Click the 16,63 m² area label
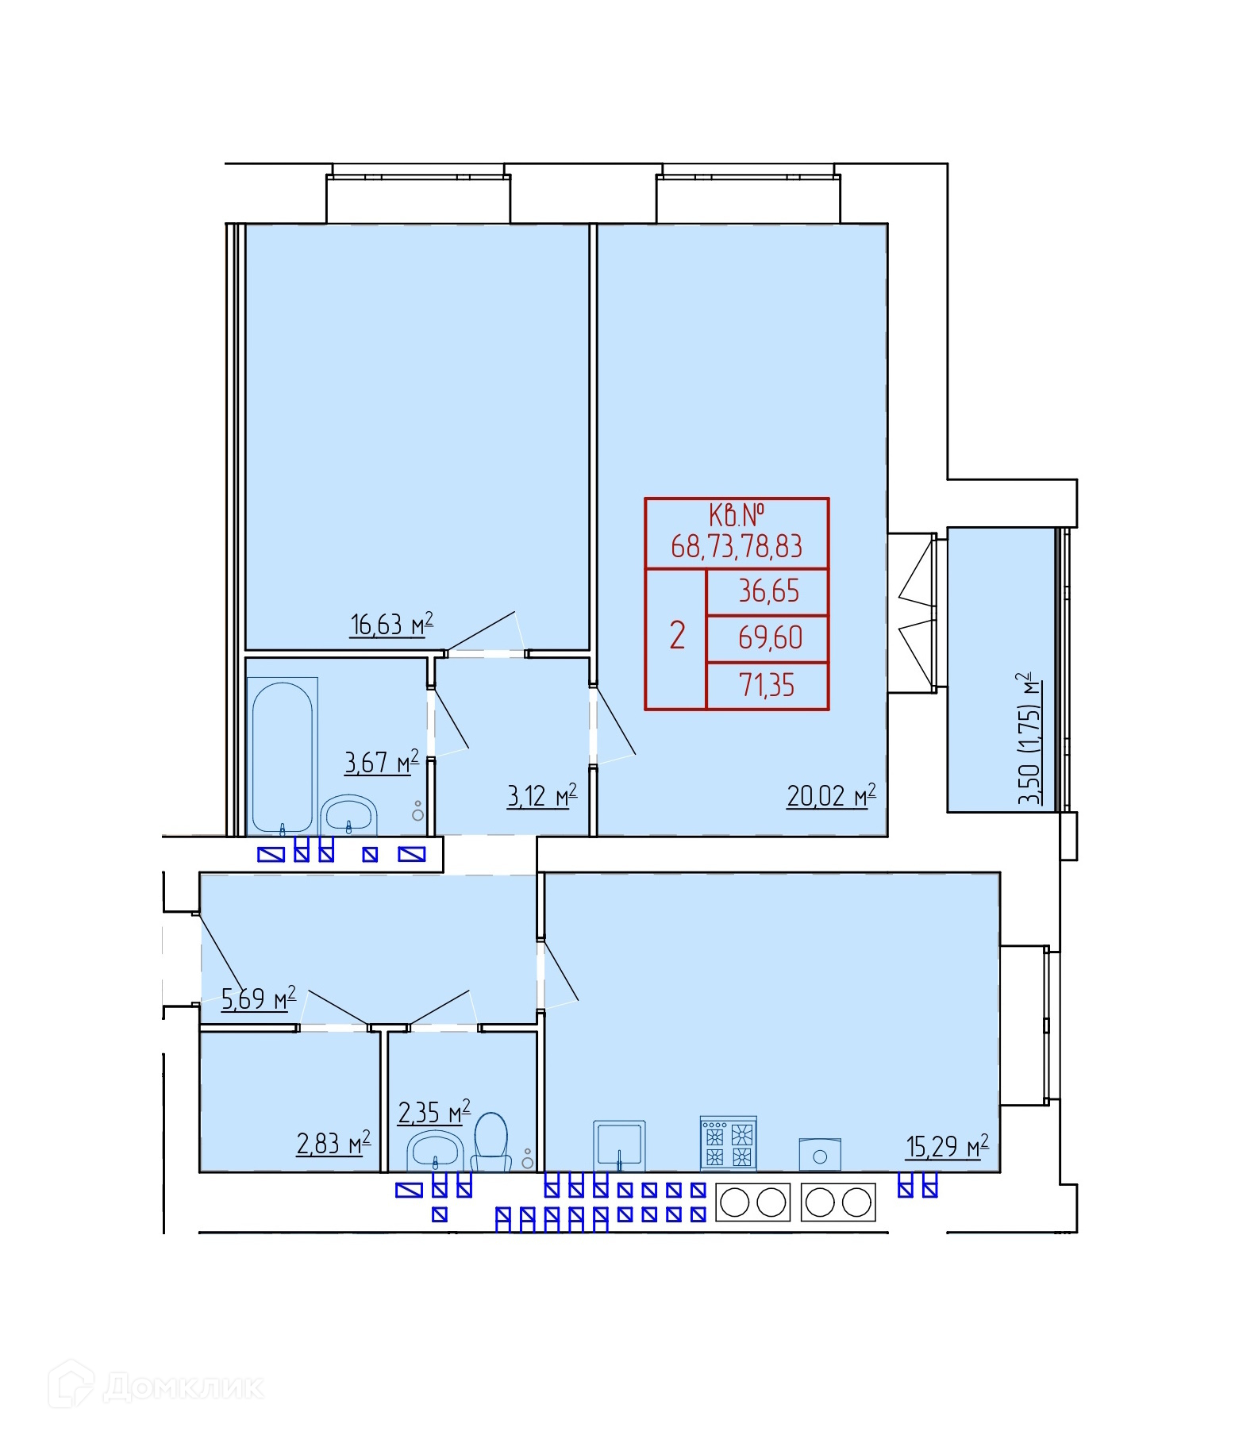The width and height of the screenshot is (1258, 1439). click(x=391, y=624)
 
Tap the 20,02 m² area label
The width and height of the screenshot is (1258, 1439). click(x=831, y=795)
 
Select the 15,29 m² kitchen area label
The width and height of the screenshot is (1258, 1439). click(x=947, y=1146)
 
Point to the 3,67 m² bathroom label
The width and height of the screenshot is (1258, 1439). click(x=381, y=762)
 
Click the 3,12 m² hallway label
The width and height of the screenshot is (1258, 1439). click(x=541, y=795)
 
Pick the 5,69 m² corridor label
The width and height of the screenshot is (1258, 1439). click(x=258, y=998)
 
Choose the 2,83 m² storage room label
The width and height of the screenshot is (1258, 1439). click(x=333, y=1143)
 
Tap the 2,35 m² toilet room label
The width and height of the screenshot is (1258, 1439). click(x=434, y=1112)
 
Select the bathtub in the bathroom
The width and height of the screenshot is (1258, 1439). click(x=283, y=756)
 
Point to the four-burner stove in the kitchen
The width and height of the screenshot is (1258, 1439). click(x=728, y=1143)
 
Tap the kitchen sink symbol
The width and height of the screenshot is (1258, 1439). click(x=619, y=1145)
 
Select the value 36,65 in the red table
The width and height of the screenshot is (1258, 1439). click(x=768, y=591)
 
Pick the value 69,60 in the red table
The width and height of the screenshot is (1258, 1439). click(x=770, y=638)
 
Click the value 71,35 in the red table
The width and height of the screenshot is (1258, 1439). click(x=767, y=685)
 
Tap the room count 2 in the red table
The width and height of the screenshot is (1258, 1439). click(x=677, y=636)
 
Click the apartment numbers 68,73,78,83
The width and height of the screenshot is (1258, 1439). click(x=737, y=546)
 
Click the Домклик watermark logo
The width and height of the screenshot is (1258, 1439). click(x=156, y=1386)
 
